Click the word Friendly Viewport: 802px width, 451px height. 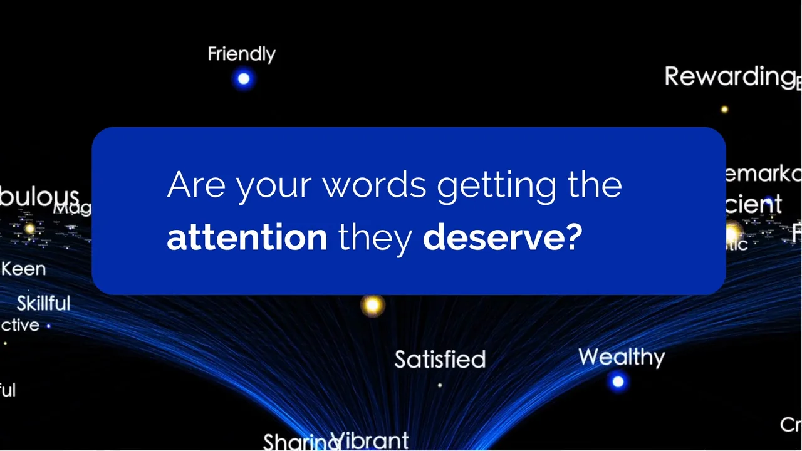241,54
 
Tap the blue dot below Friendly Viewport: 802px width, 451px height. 244,79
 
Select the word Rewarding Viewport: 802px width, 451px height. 729,77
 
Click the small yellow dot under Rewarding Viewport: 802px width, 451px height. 724,109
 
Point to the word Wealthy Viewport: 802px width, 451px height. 621,357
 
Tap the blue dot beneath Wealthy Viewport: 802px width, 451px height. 618,381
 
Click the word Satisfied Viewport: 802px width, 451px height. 440,360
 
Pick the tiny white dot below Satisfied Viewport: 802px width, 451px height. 440,385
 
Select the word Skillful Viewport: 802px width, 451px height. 43,304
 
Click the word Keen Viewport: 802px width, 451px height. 23,269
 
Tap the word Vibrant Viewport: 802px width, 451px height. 370,440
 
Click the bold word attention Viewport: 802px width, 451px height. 247,238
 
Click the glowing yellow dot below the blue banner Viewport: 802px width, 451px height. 372,305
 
